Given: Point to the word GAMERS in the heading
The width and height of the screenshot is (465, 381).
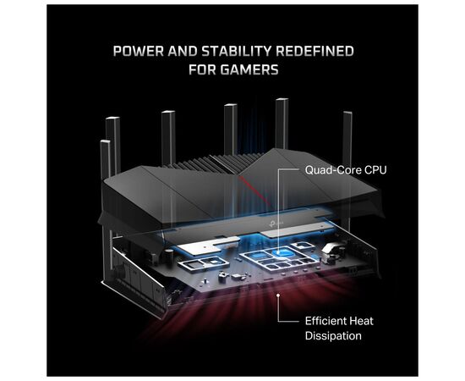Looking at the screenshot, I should (x=249, y=71).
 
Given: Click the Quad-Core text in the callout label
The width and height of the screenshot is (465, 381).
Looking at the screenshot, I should (x=323, y=169).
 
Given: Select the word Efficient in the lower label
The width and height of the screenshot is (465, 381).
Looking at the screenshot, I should (x=325, y=321).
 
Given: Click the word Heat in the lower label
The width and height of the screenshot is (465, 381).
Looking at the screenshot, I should (x=361, y=321).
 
